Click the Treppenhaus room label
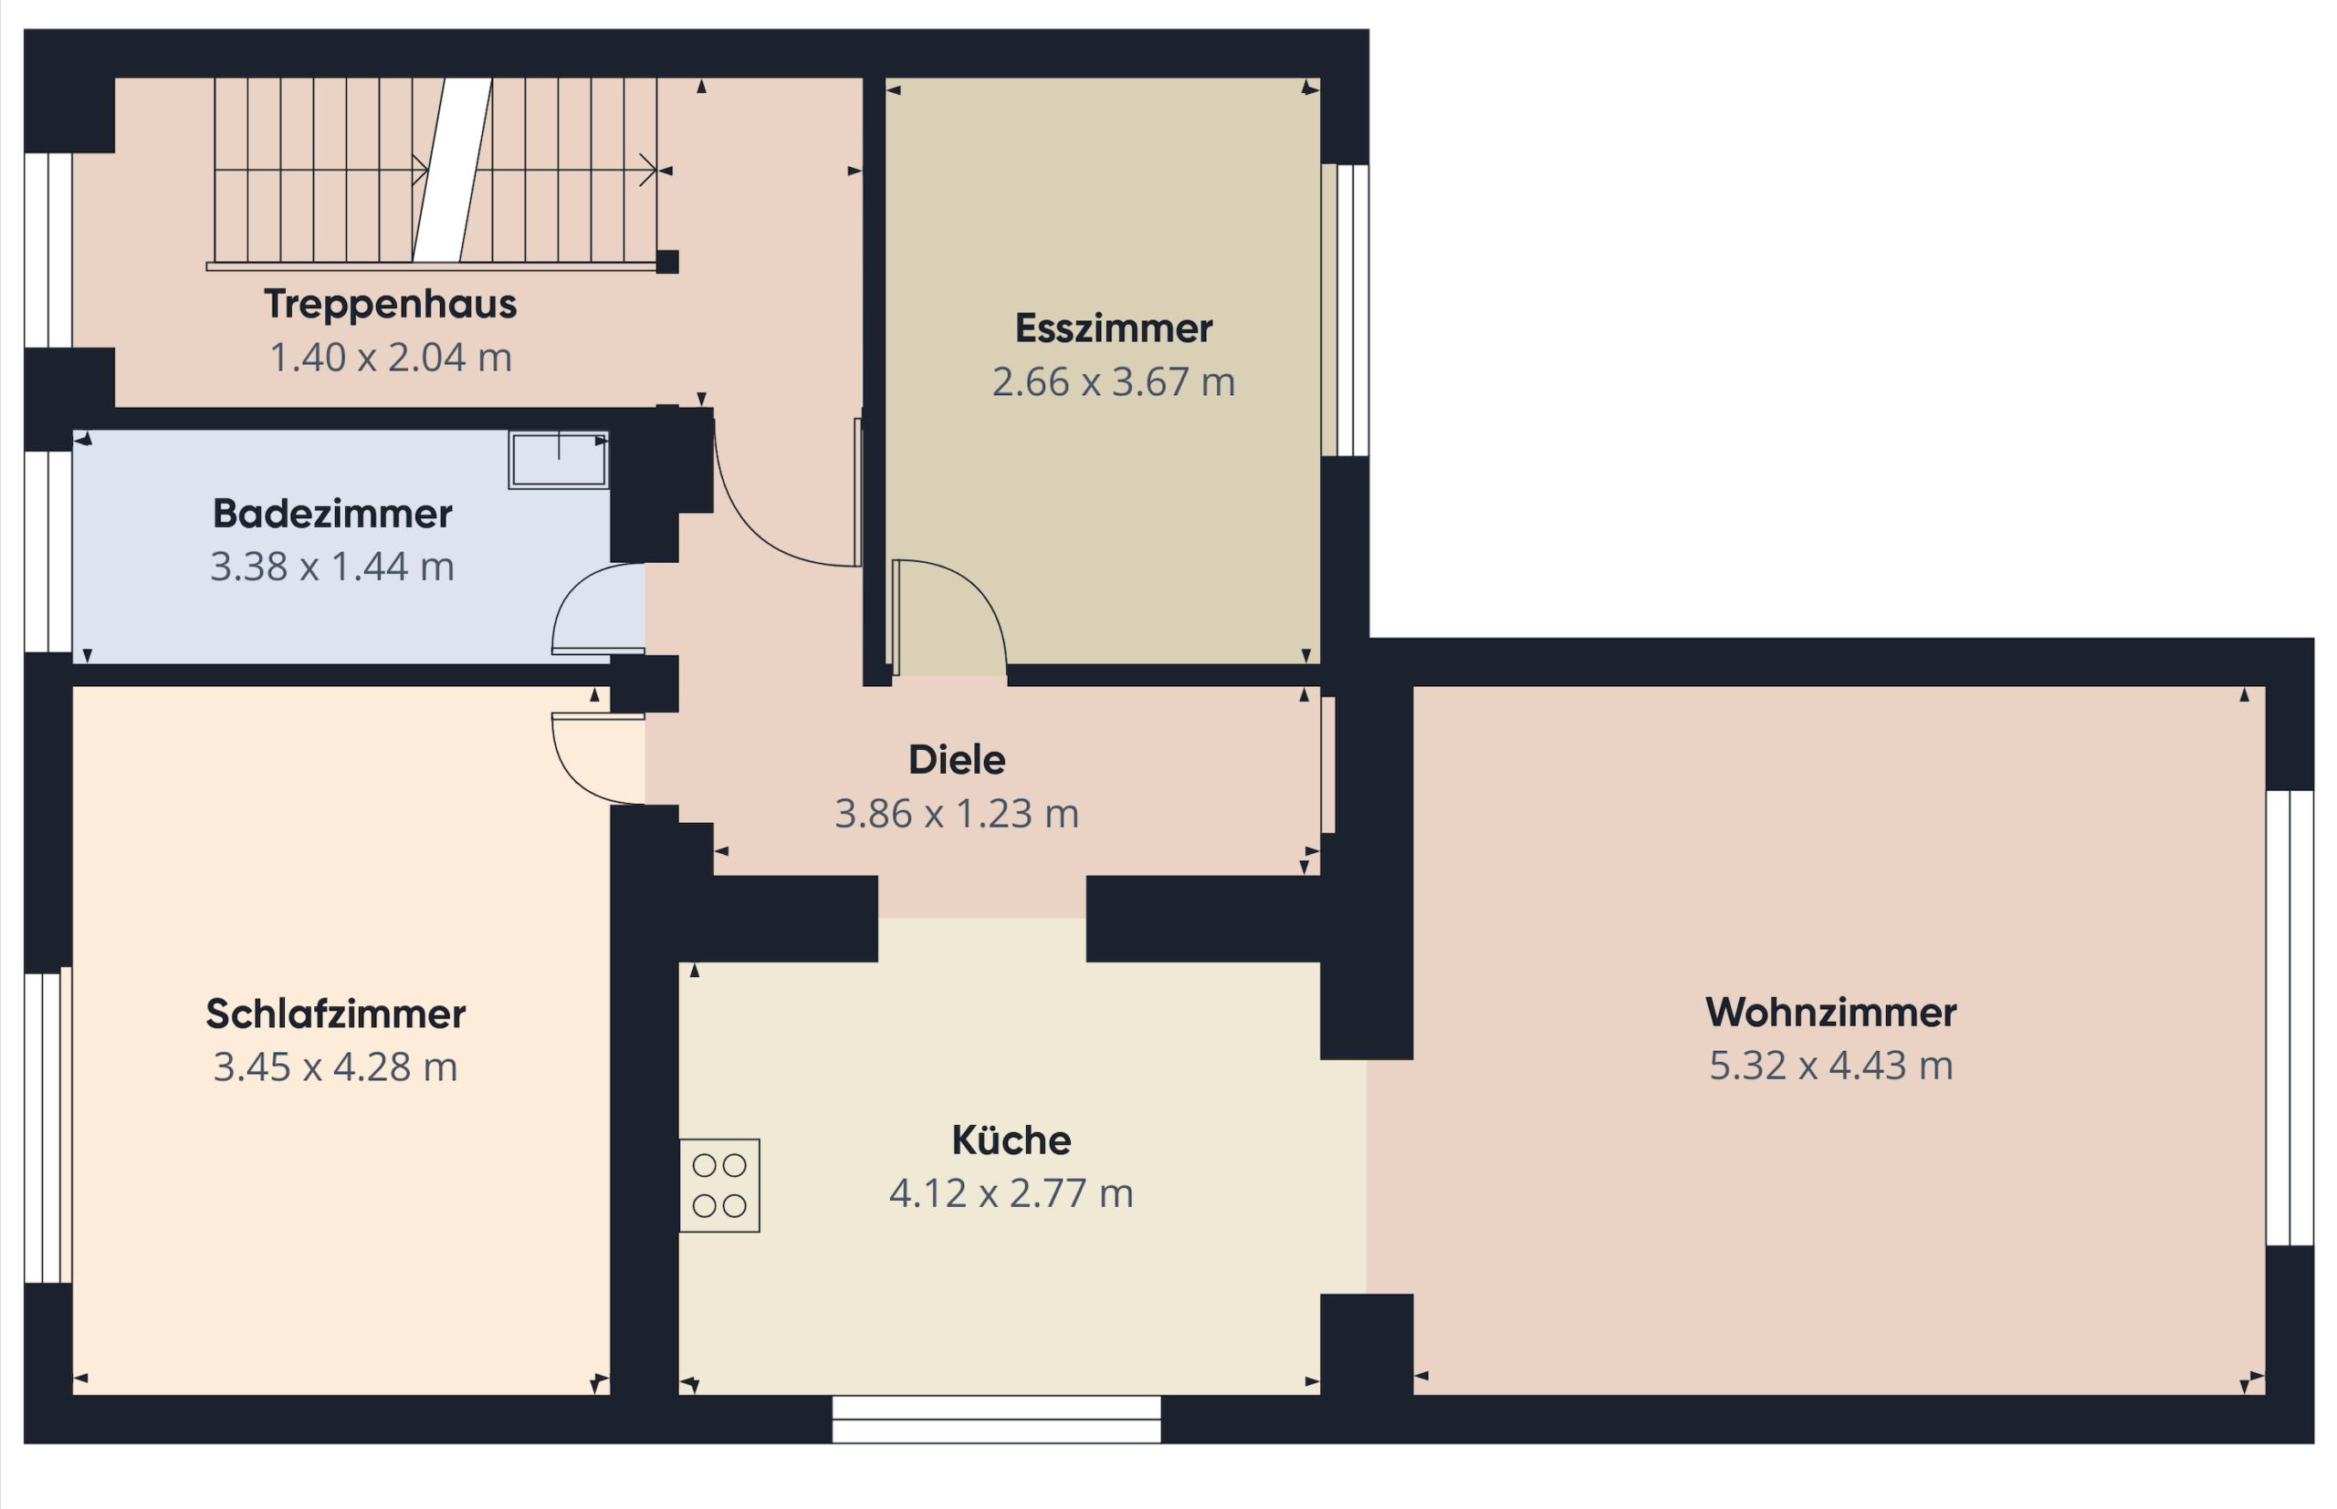click(390, 304)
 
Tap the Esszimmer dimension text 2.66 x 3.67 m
click(1114, 382)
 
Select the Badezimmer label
click(332, 514)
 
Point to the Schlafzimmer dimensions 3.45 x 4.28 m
click(335, 1067)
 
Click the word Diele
click(957, 759)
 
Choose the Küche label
click(1011, 1140)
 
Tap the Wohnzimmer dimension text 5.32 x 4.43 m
click(1831, 1065)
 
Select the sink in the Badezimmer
click(559, 460)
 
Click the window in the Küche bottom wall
click(996, 1419)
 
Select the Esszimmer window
click(1345, 309)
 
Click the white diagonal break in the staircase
click(452, 171)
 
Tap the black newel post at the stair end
click(667, 262)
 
